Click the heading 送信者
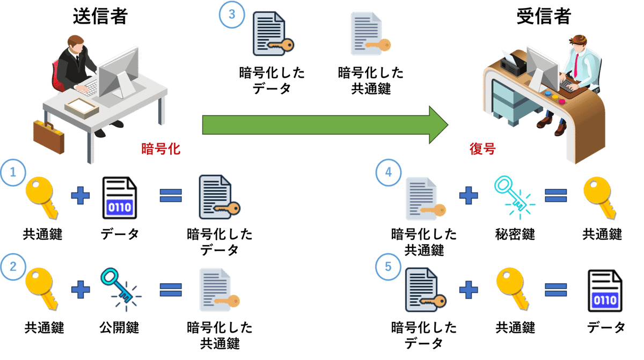100,16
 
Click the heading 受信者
543,16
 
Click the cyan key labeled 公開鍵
118,289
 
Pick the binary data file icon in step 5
605,290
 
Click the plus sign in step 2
80,290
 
